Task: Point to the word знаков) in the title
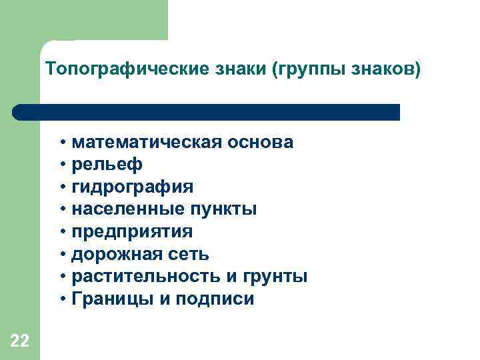[389, 70]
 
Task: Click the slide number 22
[19, 342]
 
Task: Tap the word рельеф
[107, 165]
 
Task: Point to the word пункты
[224, 210]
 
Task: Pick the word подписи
[215, 299]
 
